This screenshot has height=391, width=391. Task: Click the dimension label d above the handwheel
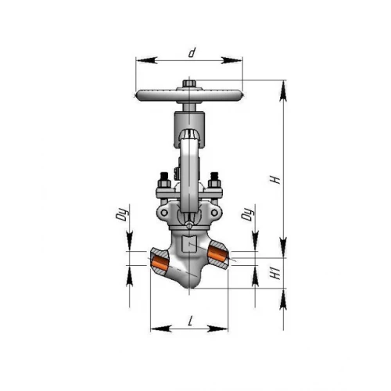tap(192, 52)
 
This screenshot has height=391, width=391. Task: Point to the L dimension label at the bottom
tap(191, 321)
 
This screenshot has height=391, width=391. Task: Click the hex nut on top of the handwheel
tap(189, 84)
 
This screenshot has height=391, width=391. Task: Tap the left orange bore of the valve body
tap(160, 264)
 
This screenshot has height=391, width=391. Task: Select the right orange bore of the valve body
tap(218, 254)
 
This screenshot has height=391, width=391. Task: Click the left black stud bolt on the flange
tap(164, 180)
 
